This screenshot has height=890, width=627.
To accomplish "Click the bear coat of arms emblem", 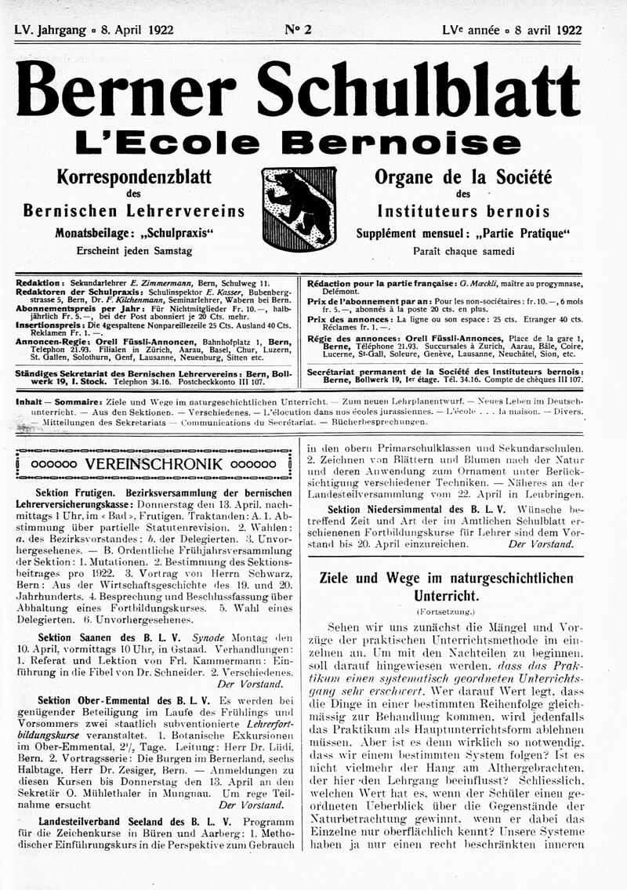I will click(x=299, y=208).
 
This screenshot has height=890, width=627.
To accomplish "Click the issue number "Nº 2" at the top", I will click(x=298, y=31).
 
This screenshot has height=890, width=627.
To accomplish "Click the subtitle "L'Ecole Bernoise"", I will click(x=306, y=143).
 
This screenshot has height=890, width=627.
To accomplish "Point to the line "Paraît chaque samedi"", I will click(x=464, y=252).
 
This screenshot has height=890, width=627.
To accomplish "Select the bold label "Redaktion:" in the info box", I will click(x=38, y=282).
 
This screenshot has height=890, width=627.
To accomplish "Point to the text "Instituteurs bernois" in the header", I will click(x=463, y=212).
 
